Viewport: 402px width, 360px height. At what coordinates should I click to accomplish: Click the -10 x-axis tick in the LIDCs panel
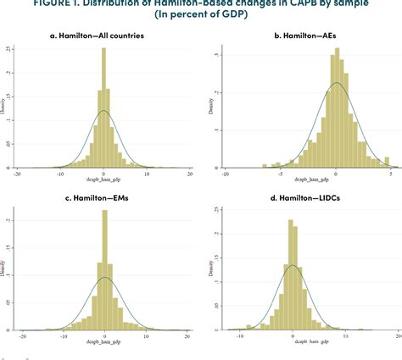pos(239,335)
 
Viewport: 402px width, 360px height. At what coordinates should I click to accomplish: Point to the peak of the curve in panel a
pos(103,111)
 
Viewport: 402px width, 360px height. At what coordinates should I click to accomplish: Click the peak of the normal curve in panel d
pos(293,265)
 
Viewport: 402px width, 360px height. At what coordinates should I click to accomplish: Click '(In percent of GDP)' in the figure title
pos(201,14)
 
